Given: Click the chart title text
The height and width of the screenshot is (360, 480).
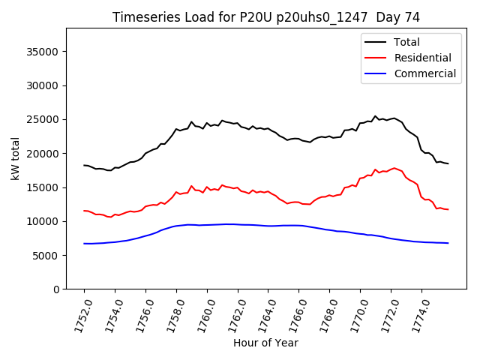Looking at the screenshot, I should coord(266,17).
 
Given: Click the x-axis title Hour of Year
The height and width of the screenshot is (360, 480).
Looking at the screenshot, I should coord(265,343).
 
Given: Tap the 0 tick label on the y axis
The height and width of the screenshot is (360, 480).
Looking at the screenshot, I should coord(56,289).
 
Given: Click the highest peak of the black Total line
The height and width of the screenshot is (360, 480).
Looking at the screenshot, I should coord(375,116).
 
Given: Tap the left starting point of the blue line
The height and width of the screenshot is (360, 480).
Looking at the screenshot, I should coord(84,243).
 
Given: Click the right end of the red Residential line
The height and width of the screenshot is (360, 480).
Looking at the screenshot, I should coord(448,209).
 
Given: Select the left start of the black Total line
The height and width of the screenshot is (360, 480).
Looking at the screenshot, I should coord(84,165).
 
